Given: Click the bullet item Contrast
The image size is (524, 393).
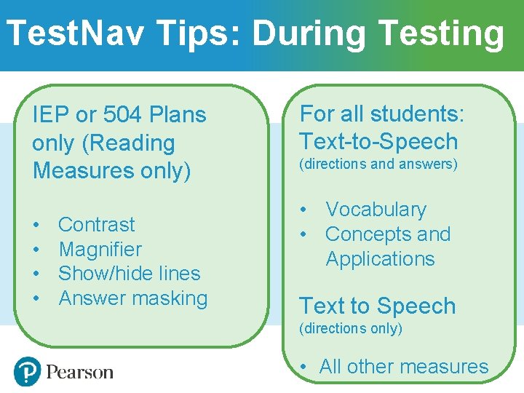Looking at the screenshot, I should (97, 224).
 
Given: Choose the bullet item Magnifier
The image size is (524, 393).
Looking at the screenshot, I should (100, 249).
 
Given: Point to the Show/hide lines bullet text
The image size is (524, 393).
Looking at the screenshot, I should (130, 274).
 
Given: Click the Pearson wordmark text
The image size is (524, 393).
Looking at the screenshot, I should (80, 373).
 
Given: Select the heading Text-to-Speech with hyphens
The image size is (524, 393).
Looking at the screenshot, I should (378, 141).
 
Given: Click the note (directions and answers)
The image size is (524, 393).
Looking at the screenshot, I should (378, 164).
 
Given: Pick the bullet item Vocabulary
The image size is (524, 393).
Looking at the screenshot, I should (376, 210).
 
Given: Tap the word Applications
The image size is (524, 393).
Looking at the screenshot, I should (380, 259).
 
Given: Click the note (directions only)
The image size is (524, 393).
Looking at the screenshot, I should (351, 329).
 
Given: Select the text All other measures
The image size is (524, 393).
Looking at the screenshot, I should (404, 367).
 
